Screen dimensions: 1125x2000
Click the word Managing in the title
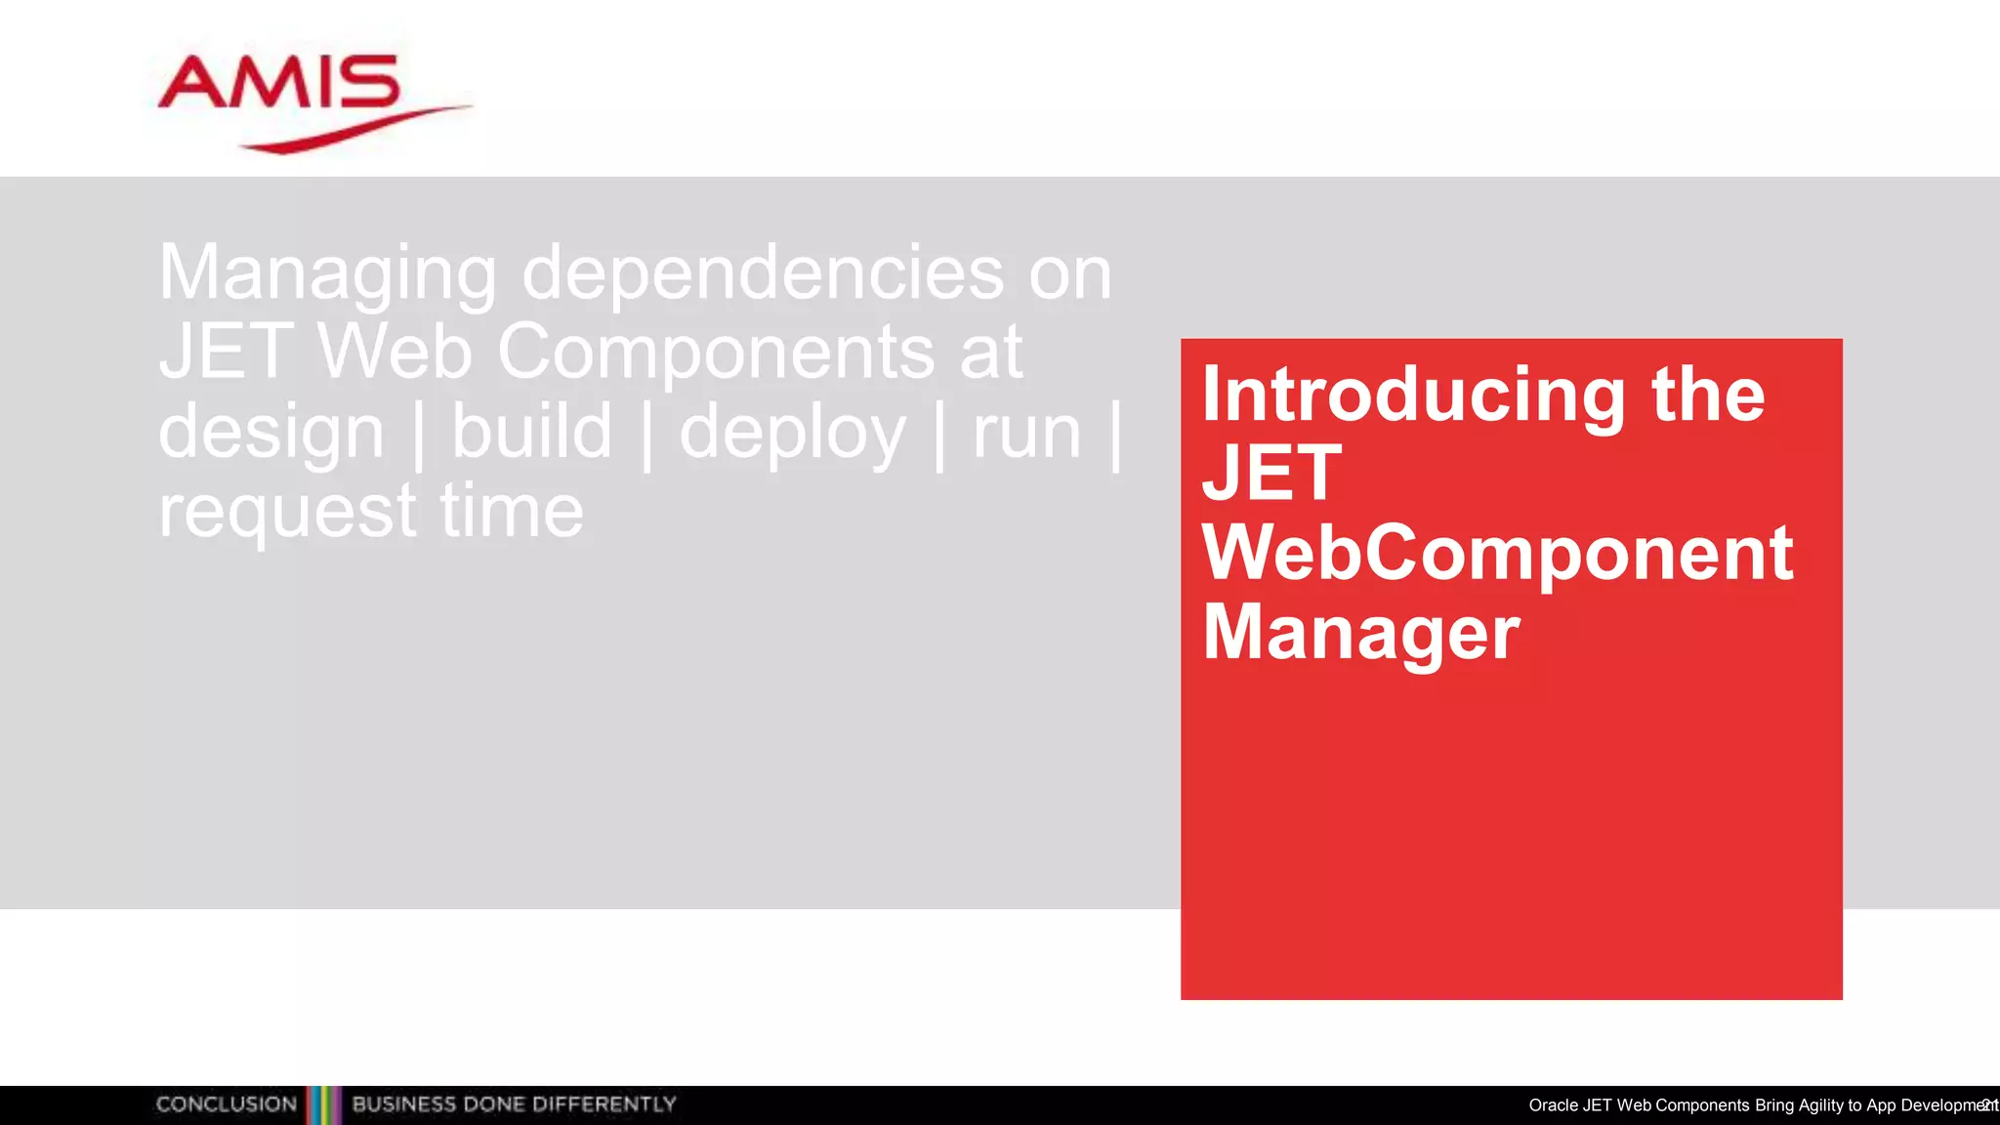(x=328, y=273)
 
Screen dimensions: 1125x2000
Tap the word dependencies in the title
(x=763, y=273)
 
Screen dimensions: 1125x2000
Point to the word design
(x=271, y=433)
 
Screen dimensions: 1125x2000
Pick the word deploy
(x=792, y=433)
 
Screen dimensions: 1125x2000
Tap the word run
(x=1026, y=433)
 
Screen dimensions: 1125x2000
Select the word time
(x=512, y=511)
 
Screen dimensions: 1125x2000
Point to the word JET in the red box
(x=1271, y=474)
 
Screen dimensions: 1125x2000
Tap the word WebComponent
(x=1497, y=554)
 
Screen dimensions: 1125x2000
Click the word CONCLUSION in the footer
(x=227, y=1104)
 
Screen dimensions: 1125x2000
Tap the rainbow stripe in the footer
(x=324, y=1105)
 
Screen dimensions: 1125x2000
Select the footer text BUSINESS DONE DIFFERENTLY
(x=514, y=1104)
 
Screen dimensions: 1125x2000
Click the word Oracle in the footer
(x=1553, y=1105)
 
